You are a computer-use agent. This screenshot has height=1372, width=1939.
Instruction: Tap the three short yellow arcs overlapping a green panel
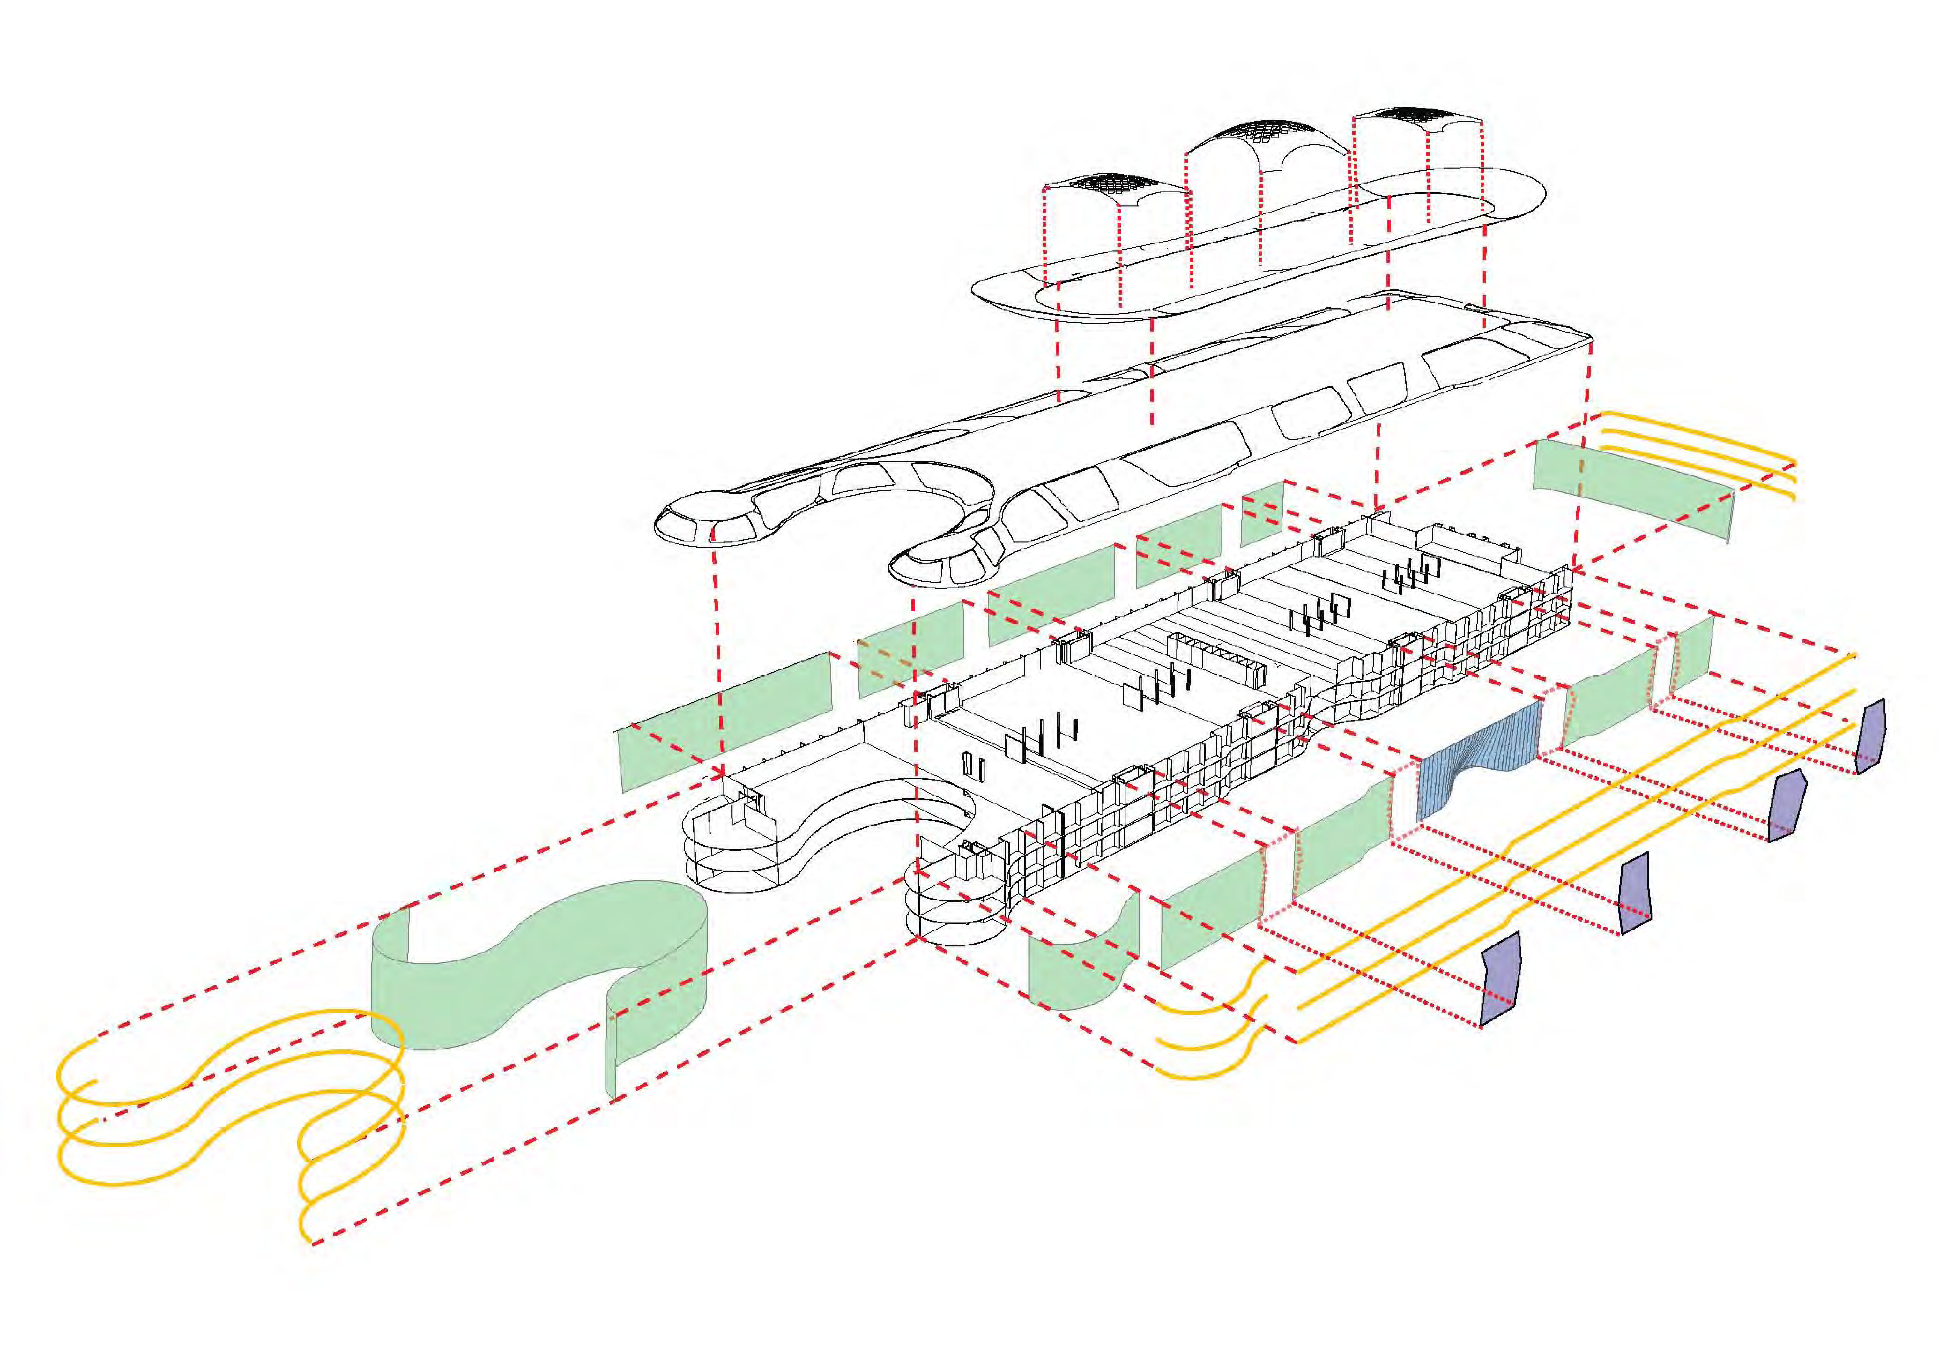(x=1697, y=456)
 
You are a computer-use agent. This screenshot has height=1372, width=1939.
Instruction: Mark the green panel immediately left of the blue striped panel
(x=1343, y=845)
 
